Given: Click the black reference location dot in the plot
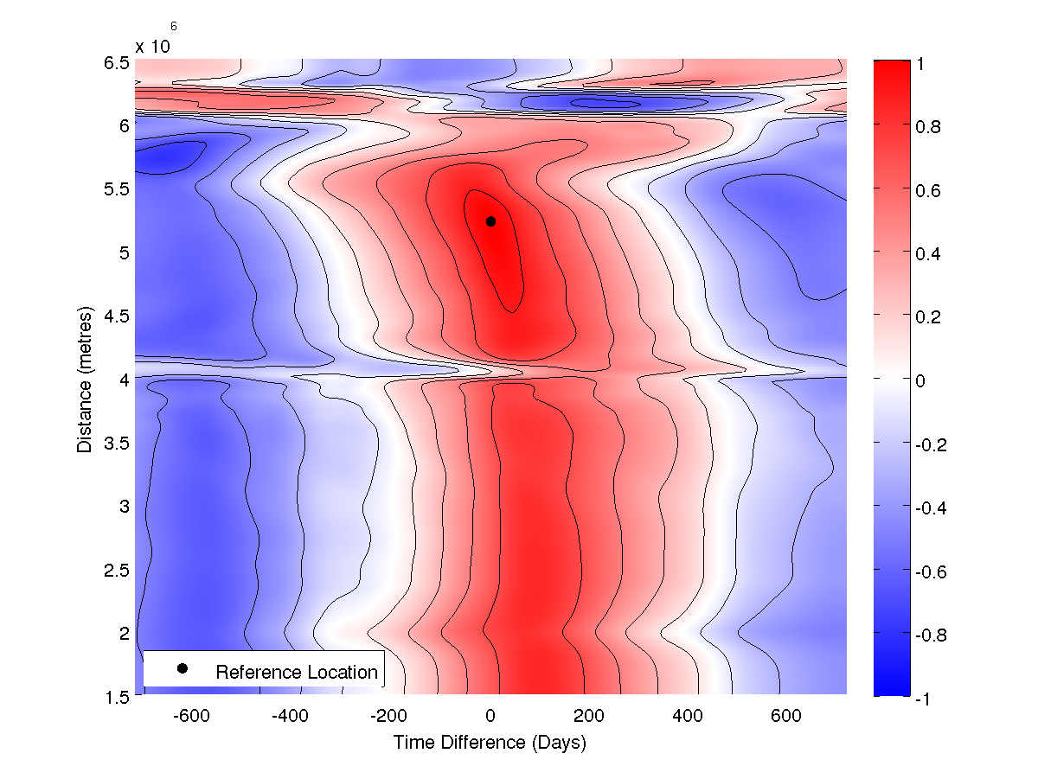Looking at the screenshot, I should point(490,221).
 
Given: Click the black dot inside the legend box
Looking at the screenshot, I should point(183,668).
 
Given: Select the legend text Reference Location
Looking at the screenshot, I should point(297,673).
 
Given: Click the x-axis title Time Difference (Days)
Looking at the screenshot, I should point(490,743).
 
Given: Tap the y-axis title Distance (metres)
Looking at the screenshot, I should point(85,379).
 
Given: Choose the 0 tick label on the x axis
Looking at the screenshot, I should point(490,716).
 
